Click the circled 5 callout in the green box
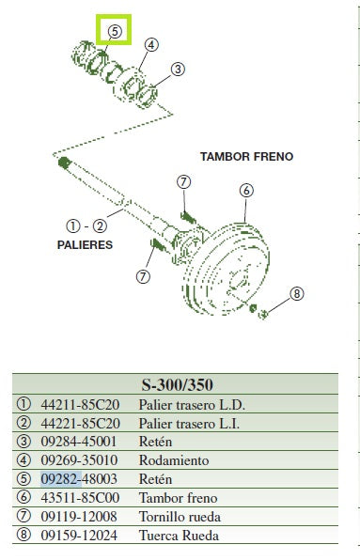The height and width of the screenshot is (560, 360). pyautogui.click(x=115, y=31)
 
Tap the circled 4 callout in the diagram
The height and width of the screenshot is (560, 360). pyautogui.click(x=151, y=45)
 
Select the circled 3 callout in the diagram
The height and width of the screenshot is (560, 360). pyautogui.click(x=178, y=69)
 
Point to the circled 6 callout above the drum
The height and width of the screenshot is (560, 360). pyautogui.click(x=246, y=191)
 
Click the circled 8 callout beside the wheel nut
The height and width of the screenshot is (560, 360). pyautogui.click(x=297, y=294)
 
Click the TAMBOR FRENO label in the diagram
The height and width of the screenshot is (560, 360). pyautogui.click(x=247, y=156)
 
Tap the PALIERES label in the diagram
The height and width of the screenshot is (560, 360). pyautogui.click(x=85, y=244)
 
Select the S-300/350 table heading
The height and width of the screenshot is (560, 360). pyautogui.click(x=178, y=384)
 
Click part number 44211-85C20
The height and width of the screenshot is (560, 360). pyautogui.click(x=80, y=405)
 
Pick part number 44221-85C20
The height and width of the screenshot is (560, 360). pyautogui.click(x=80, y=423)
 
